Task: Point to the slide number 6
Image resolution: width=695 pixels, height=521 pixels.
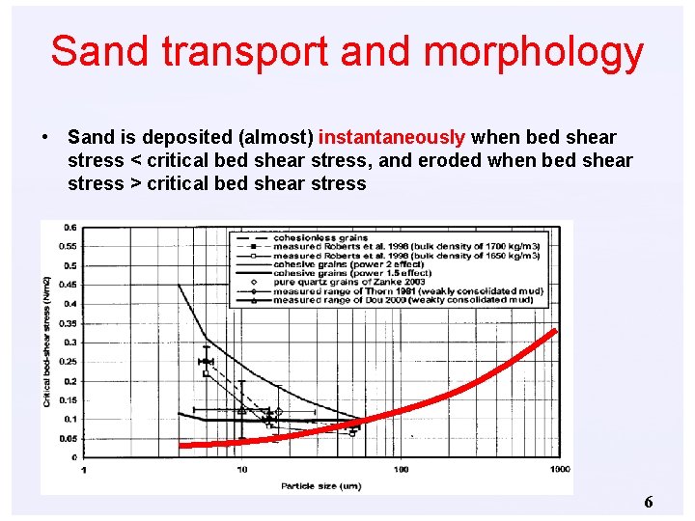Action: pos(648,502)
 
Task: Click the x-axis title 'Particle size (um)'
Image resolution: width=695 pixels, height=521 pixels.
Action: pos(320,485)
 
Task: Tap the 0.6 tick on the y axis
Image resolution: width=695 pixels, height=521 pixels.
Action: pos(70,228)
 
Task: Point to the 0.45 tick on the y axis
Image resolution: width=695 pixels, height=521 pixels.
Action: pos(69,285)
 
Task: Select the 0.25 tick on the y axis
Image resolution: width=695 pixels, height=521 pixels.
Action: pos(69,361)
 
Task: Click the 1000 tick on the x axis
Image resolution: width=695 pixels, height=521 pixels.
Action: pos(559,469)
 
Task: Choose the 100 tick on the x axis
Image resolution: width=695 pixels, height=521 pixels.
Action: pos(401,469)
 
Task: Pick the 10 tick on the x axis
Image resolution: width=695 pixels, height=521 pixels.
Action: pos(241,469)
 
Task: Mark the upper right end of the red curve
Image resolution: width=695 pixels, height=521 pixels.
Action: pos(554,331)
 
